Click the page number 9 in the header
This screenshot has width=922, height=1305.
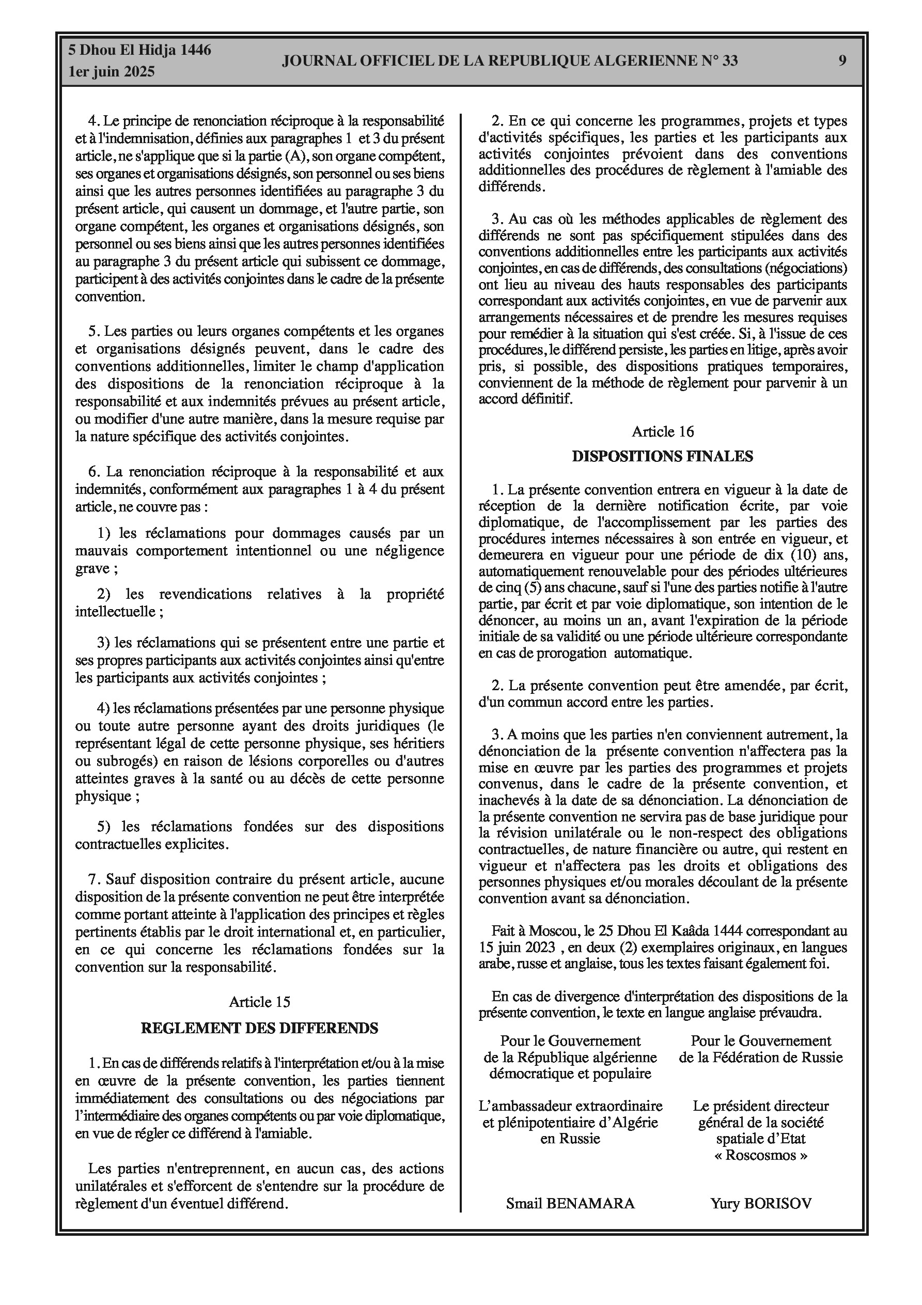[x=842, y=60]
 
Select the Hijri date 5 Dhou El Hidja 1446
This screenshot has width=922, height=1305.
[x=140, y=50]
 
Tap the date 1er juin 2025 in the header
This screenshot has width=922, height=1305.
[x=112, y=72]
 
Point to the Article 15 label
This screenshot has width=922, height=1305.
[x=259, y=1002]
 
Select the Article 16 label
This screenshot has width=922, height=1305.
[x=663, y=431]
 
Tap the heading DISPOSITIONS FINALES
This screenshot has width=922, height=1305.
[x=662, y=456]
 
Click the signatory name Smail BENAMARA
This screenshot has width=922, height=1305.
[x=570, y=1203]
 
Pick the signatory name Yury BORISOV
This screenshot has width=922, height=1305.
[x=760, y=1203]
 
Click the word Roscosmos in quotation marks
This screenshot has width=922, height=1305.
[x=760, y=1155]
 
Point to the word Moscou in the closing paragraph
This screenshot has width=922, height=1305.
[x=550, y=931]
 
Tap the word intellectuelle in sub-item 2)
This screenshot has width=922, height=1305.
[x=116, y=612]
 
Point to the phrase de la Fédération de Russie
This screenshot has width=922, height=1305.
[x=760, y=1057]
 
